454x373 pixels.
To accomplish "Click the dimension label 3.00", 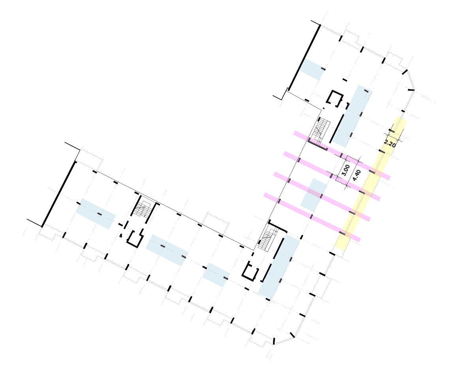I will (345, 170).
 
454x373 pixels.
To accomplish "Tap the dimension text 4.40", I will (356, 175).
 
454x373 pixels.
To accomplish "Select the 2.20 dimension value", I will (390, 143).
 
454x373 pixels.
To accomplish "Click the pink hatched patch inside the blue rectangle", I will (315, 193).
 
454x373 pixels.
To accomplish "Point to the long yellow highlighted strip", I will (371, 184).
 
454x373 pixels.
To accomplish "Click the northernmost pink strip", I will (342, 156).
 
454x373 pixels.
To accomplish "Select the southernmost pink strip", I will (312, 217).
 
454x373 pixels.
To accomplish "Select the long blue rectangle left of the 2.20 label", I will (352, 116).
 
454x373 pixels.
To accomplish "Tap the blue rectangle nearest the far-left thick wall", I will (95, 214).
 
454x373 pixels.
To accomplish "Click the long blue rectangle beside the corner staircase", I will (279, 266).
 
